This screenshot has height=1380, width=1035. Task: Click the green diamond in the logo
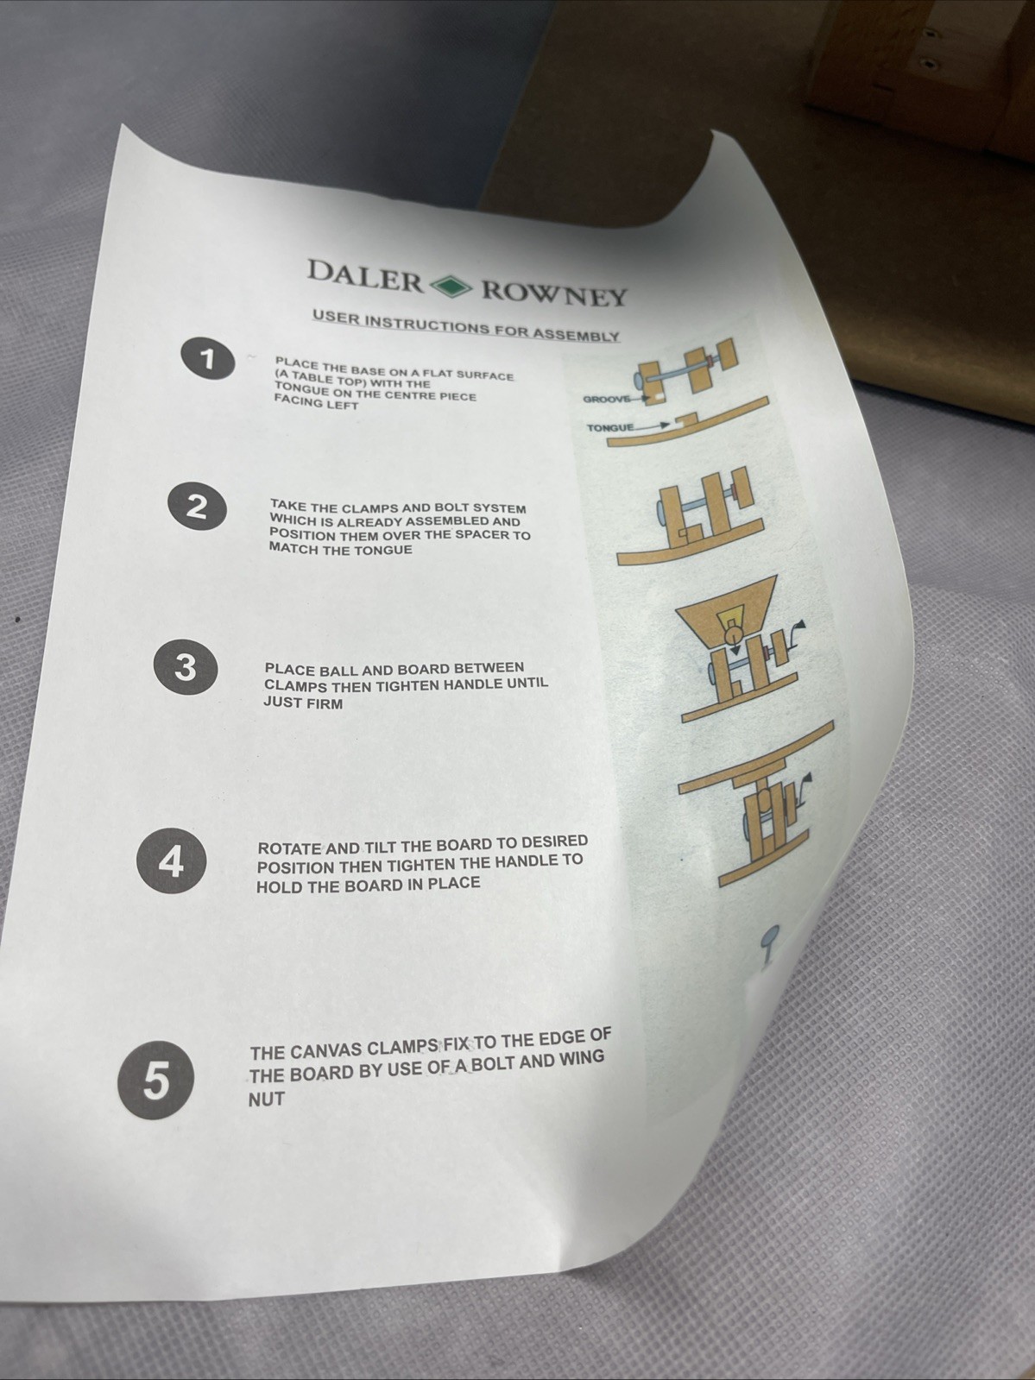(451, 286)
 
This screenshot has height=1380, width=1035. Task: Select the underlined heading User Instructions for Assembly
(466, 326)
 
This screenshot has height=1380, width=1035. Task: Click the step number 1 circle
(208, 359)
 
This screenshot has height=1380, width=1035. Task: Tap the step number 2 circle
(197, 506)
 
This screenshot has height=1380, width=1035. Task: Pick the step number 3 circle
(186, 667)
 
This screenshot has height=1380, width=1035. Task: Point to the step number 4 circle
(171, 860)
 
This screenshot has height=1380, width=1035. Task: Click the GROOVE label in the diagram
(606, 400)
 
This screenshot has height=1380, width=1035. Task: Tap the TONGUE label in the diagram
(610, 428)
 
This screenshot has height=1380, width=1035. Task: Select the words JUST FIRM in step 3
(303, 703)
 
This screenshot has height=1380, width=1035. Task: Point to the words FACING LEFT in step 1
(316, 403)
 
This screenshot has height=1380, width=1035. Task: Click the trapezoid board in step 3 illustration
(727, 608)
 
